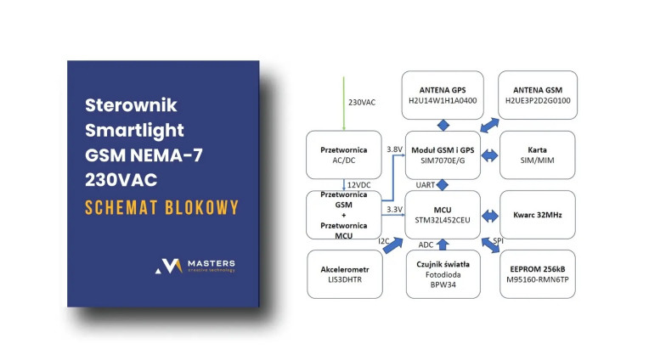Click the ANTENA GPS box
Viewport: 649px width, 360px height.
(442, 94)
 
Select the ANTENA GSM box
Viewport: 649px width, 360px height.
(537, 94)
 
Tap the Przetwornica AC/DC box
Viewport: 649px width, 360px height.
(343, 154)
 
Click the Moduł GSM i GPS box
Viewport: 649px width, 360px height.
(442, 154)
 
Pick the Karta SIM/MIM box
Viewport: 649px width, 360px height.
(537, 154)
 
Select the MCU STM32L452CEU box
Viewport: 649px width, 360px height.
(442, 214)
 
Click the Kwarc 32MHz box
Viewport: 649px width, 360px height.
(537, 214)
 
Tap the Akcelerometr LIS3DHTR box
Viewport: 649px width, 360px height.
(343, 273)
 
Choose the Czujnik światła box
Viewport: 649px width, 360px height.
(442, 273)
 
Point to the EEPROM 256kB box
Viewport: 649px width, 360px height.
(537, 273)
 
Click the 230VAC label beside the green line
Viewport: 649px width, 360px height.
(362, 102)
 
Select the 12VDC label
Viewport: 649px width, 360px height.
(358, 185)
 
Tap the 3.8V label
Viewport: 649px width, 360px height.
(394, 149)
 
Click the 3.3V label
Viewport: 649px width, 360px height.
(393, 208)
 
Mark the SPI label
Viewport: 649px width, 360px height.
(498, 240)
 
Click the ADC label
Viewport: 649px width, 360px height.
(426, 245)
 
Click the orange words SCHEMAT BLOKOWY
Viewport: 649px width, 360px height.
(161, 208)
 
